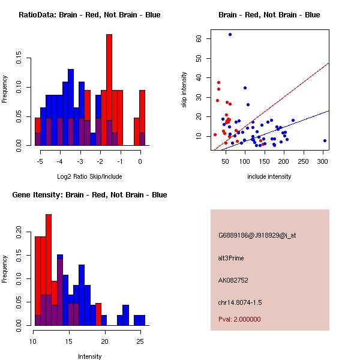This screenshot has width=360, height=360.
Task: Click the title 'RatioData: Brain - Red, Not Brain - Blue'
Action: click(x=89, y=15)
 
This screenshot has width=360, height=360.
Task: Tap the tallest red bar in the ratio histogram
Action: click(x=109, y=90)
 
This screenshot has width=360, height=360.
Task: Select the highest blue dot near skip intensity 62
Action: click(x=230, y=35)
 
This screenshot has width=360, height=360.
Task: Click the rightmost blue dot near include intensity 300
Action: click(x=325, y=140)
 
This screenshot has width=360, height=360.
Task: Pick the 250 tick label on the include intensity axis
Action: click(x=304, y=161)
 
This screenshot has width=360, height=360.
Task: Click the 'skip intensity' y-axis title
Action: click(x=184, y=90)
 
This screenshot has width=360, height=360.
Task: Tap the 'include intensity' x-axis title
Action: click(x=269, y=177)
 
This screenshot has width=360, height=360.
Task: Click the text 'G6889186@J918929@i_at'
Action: click(x=257, y=235)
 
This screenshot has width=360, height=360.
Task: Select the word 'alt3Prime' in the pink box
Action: click(x=231, y=258)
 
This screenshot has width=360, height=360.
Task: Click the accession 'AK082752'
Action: click(x=233, y=280)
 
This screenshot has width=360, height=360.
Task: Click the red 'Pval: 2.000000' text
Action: click(x=239, y=319)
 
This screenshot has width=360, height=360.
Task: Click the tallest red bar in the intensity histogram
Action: click(x=49, y=270)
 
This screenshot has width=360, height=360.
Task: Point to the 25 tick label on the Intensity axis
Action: click(x=140, y=341)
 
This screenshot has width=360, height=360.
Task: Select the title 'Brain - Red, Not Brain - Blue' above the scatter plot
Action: click(x=269, y=15)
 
